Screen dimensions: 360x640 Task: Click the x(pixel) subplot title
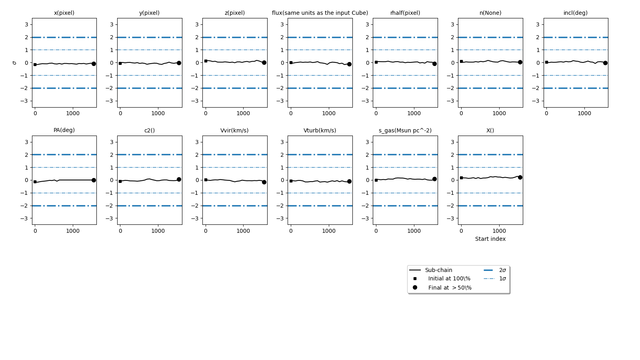(64, 13)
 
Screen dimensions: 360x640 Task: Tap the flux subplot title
(320, 13)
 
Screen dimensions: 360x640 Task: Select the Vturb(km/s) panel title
(320, 130)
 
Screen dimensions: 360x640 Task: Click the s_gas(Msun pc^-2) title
(405, 130)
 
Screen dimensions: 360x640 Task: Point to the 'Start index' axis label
(490, 239)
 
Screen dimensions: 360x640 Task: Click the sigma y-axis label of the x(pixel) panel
(15, 63)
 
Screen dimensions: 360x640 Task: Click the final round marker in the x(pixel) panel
(94, 64)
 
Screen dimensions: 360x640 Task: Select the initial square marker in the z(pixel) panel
(206, 61)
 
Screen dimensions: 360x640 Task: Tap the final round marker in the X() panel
(520, 177)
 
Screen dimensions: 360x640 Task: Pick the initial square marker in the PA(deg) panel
(35, 182)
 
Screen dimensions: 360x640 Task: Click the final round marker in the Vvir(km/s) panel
(264, 182)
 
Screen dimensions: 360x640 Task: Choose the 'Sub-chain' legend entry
(438, 270)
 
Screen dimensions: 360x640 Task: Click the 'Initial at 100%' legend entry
(449, 278)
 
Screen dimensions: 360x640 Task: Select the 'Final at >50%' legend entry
(450, 288)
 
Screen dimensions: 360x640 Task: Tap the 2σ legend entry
(502, 270)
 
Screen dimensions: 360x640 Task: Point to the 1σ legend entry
(502, 278)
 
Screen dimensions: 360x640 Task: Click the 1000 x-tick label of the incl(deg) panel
(584, 113)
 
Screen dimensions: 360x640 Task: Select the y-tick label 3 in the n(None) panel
(452, 24)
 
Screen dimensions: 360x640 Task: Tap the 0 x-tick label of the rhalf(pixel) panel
(376, 113)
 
